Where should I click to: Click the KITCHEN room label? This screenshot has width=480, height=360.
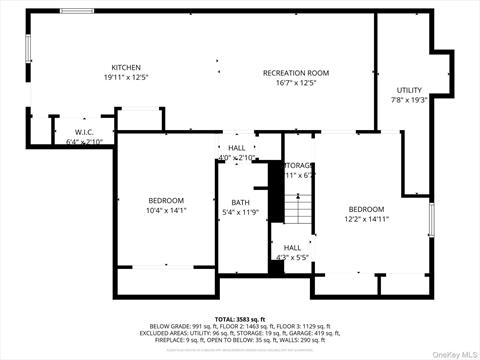click(x=126, y=67)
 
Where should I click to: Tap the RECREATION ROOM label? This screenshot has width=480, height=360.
click(x=295, y=73)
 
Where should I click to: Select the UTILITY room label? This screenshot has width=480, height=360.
click(x=409, y=90)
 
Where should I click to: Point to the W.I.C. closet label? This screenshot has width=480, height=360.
click(x=84, y=133)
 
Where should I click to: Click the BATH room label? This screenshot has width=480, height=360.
click(x=240, y=202)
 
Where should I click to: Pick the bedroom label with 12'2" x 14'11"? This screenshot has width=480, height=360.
click(x=365, y=208)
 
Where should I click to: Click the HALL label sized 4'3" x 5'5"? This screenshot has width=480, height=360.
click(x=292, y=247)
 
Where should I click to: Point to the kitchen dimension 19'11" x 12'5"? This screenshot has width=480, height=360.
click(x=126, y=77)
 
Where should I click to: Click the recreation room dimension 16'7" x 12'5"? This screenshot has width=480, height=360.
click(x=295, y=83)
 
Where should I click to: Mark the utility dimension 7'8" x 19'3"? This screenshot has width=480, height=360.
click(x=409, y=100)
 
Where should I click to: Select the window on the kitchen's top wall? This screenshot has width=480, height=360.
click(x=77, y=11)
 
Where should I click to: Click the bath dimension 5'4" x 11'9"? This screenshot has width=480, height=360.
click(x=240, y=212)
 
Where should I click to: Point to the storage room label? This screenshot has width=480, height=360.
click(x=298, y=165)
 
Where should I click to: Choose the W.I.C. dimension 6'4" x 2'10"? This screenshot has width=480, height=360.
click(x=84, y=142)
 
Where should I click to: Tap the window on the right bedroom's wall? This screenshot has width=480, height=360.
click(x=432, y=218)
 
